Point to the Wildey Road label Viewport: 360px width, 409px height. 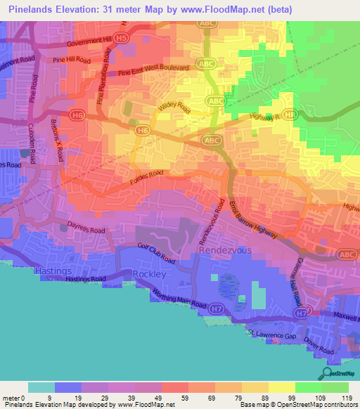[x=175, y=108]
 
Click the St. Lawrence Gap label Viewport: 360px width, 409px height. [x=273, y=335]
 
